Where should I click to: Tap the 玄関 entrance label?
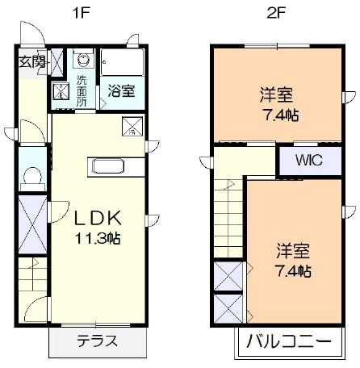coord(31,62)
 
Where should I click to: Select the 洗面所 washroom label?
coord(82,90)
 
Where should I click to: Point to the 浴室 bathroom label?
coord(120,91)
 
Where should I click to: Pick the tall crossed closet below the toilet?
coord(34,220)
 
